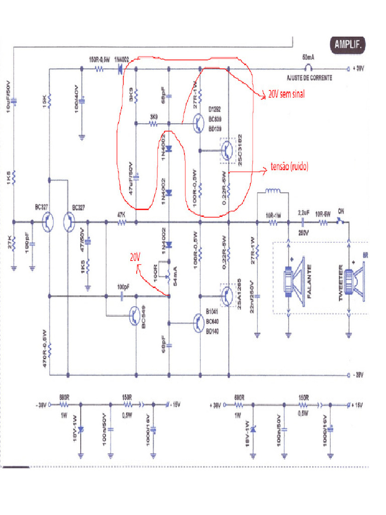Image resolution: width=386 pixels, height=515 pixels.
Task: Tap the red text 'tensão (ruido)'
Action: pyautogui.click(x=289, y=166)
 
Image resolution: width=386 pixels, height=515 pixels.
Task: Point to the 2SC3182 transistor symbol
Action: pyautogui.click(x=228, y=150)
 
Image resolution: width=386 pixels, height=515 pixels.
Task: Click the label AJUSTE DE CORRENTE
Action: pyautogui.click(x=309, y=78)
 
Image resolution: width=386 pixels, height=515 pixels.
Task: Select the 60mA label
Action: pyautogui.click(x=309, y=57)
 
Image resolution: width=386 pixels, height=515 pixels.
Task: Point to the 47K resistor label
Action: pyautogui.click(x=121, y=214)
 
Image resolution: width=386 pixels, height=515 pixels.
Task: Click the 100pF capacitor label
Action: pyautogui.click(x=122, y=287)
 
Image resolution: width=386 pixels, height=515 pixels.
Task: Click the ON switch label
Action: pyautogui.click(x=341, y=212)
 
